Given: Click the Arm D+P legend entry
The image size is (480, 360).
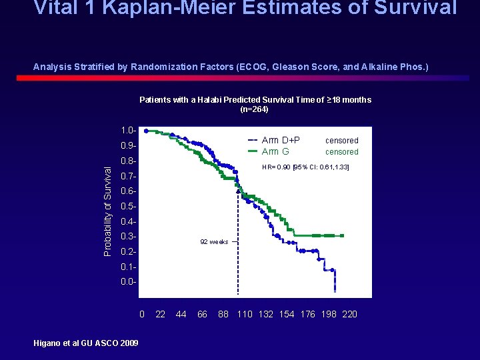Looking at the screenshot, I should (x=281, y=140).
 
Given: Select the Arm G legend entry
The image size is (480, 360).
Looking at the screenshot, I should (x=275, y=151).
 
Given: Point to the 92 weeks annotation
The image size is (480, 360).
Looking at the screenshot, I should (x=215, y=241).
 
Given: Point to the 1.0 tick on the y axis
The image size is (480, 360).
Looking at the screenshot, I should (x=129, y=130).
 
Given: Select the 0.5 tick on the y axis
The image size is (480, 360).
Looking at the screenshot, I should (x=129, y=207).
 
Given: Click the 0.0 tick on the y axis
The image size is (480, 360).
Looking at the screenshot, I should (x=129, y=282).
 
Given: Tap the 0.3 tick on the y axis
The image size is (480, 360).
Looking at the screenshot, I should (x=129, y=237).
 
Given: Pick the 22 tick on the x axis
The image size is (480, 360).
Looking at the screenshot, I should (x=161, y=314).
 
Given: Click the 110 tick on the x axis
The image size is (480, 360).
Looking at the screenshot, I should (x=245, y=314).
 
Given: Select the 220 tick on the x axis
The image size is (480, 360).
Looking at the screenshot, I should (x=349, y=314).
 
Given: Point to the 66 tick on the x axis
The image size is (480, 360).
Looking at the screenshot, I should (x=203, y=314).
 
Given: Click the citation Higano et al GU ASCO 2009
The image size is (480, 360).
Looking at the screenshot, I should (x=86, y=343).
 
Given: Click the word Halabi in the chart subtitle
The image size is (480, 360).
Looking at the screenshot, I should (x=210, y=100).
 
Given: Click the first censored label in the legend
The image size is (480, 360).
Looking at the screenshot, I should (x=342, y=141).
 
